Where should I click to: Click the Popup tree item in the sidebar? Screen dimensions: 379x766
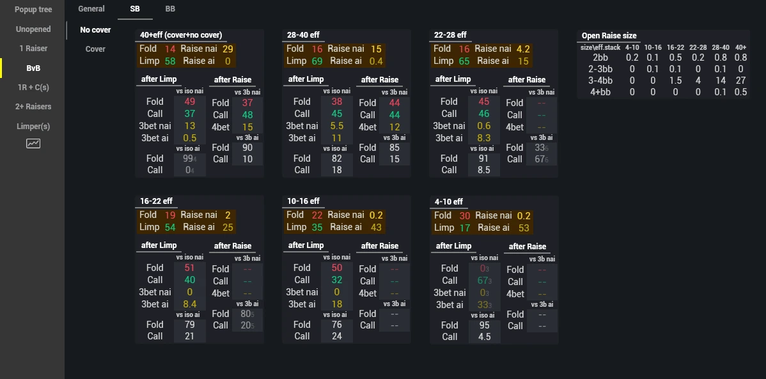point(33,10)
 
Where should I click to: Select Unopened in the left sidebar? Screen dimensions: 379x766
point(33,29)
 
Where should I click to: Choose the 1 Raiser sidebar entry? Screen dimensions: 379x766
point(33,49)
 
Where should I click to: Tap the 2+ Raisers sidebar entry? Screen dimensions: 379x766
point(33,107)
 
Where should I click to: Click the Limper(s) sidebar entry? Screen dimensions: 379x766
point(33,127)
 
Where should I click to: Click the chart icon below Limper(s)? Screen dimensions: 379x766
point(33,144)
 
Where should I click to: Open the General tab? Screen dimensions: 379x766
point(91,9)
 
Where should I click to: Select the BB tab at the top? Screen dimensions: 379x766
point(170,9)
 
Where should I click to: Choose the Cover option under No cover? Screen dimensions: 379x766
point(95,49)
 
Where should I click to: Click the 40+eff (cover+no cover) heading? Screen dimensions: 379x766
point(181,35)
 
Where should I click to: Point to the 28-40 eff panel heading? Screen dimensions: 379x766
point(303,35)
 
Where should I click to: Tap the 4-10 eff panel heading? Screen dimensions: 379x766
point(448,202)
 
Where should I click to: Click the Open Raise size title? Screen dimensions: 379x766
point(609,36)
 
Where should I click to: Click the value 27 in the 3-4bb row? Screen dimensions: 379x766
point(741,81)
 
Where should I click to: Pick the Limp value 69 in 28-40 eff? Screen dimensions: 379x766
point(317,61)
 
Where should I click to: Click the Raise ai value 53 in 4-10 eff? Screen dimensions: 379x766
point(524,228)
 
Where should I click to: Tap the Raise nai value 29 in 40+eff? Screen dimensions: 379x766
point(228,49)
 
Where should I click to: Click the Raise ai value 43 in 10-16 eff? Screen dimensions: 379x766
point(376,227)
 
